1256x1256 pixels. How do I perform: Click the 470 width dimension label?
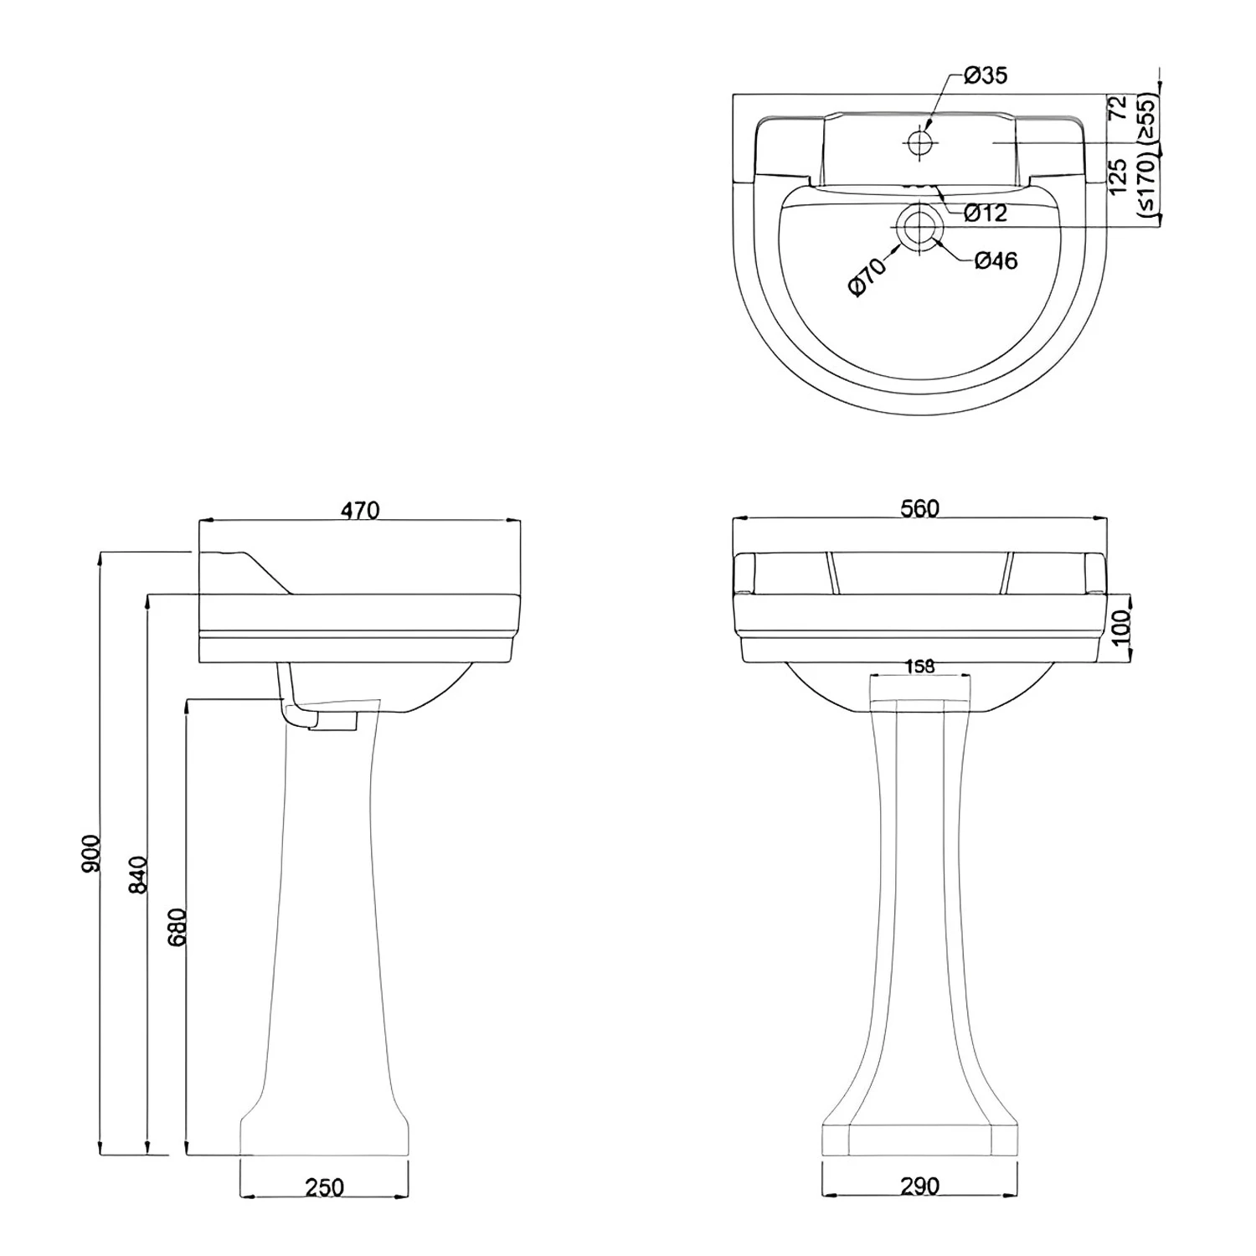[x=360, y=509]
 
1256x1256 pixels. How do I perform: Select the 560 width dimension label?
[x=920, y=508]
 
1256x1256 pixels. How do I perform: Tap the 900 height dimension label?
[x=90, y=852]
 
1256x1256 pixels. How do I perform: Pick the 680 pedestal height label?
[x=178, y=926]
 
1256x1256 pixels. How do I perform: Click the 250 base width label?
[x=324, y=1187]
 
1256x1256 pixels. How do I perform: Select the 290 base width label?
[x=920, y=1186]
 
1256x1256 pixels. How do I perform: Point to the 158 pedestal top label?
[x=920, y=667]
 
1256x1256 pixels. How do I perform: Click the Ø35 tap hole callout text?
[x=985, y=75]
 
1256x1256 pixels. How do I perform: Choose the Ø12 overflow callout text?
[x=985, y=214]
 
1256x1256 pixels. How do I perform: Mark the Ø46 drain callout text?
[x=996, y=261]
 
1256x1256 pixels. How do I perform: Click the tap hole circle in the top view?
[x=919, y=142]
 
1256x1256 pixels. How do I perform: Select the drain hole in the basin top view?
[x=919, y=226]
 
